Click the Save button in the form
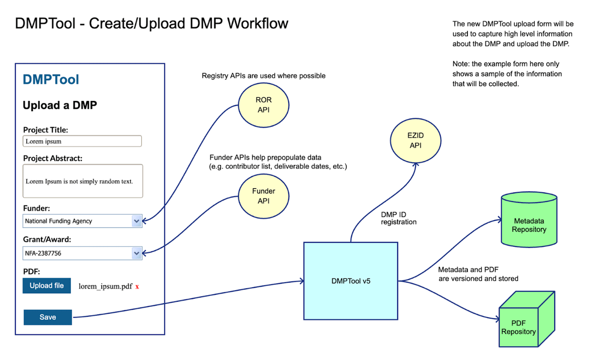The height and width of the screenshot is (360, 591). point(48,317)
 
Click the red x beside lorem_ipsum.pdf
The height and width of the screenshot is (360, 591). point(137,286)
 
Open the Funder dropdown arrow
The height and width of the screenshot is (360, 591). point(136,221)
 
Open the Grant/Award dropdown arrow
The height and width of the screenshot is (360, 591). point(136,253)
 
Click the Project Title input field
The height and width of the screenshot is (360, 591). point(82,141)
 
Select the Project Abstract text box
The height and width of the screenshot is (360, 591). point(83,181)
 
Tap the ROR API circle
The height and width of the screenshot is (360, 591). point(263,105)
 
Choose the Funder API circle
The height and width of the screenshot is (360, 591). point(263,196)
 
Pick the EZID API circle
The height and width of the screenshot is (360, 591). point(415,140)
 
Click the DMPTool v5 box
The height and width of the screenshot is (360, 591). point(351,281)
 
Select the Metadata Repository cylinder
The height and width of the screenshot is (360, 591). point(529,222)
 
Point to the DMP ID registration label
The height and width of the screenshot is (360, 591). point(398,218)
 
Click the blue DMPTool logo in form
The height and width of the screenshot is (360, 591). point(51,79)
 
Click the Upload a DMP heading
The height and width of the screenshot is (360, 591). point(60,105)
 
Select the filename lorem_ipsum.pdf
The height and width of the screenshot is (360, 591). point(105,286)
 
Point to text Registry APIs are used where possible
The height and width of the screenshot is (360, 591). point(263,76)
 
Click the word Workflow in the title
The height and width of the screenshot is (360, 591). point(258,23)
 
